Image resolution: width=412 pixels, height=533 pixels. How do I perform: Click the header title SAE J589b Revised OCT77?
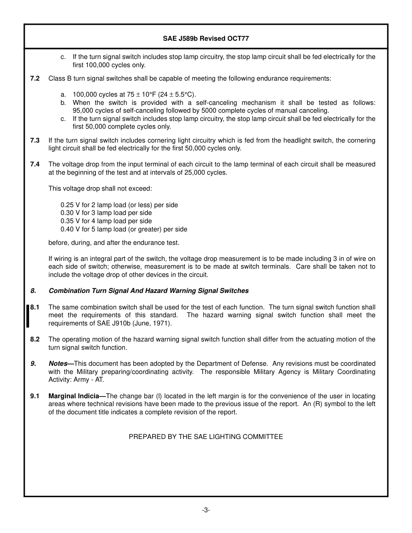(206, 39)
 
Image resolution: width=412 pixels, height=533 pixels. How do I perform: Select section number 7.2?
(35, 78)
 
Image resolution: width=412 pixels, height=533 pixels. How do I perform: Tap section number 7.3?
(35, 140)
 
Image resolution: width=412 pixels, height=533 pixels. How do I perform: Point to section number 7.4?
(35, 164)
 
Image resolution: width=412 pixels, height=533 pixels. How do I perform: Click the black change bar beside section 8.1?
(28, 315)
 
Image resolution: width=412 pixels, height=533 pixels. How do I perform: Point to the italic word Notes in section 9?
(58, 364)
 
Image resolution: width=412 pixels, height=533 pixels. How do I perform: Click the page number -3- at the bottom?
(206, 510)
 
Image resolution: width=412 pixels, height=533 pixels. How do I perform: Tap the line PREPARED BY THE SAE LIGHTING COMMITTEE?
(206, 437)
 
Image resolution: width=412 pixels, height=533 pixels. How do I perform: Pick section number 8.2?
(35, 339)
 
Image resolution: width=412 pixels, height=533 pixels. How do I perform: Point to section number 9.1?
(35, 396)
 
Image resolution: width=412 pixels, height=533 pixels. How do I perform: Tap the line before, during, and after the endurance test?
(114, 243)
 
